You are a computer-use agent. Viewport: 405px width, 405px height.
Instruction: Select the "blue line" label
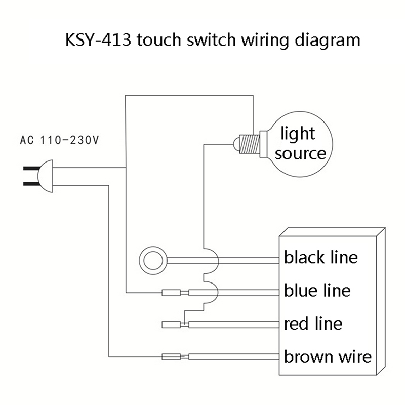click(x=317, y=290)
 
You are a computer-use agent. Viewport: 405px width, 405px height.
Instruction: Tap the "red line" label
click(x=313, y=323)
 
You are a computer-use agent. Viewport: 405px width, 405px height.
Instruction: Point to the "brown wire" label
click(x=328, y=356)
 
